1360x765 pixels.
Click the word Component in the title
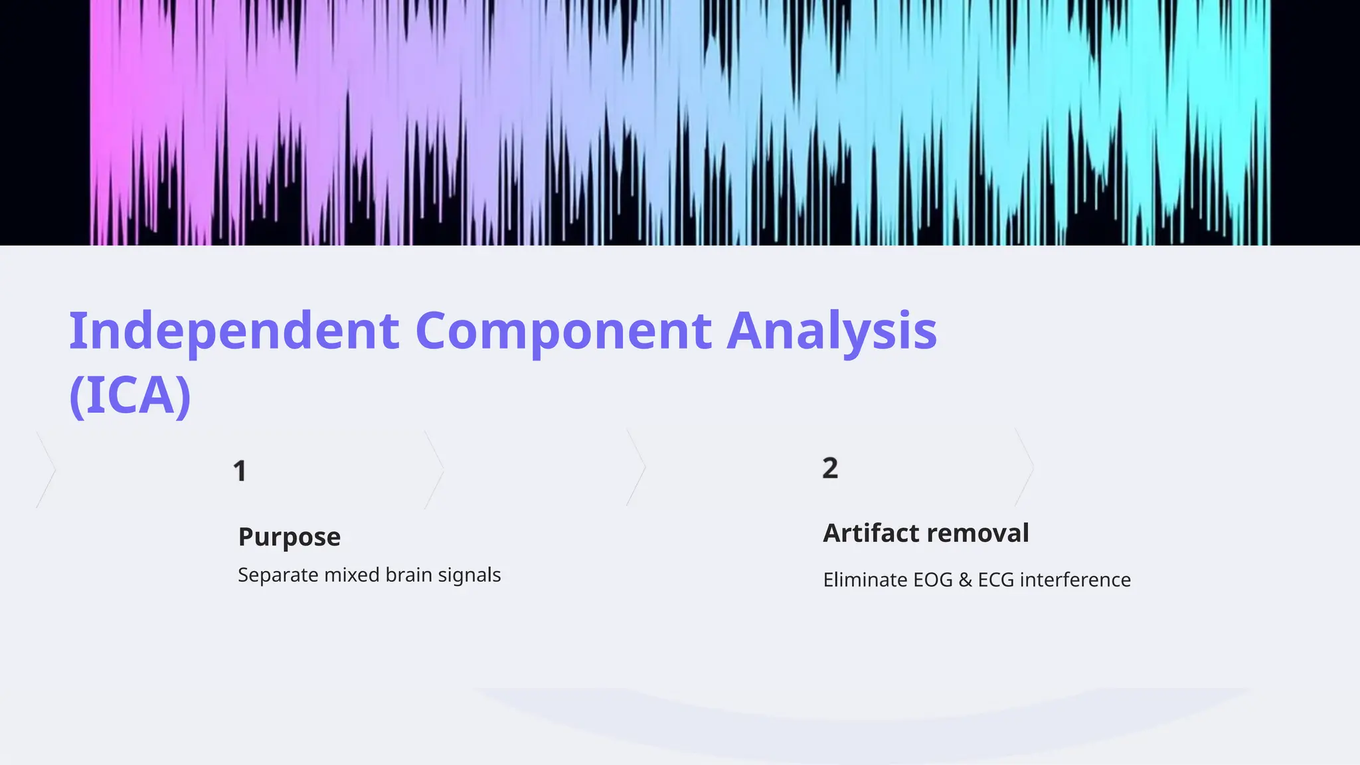[563, 331]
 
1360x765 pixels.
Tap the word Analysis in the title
[831, 331]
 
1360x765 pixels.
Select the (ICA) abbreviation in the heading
[130, 396]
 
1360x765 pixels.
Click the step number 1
[240, 471]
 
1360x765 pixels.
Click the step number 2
[830, 468]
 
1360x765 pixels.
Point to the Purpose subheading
[289, 537]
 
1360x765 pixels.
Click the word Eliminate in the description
[865, 580]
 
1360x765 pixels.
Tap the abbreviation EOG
[933, 580]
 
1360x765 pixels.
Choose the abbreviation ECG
[995, 580]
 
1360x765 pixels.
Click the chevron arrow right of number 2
[1025, 467]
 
